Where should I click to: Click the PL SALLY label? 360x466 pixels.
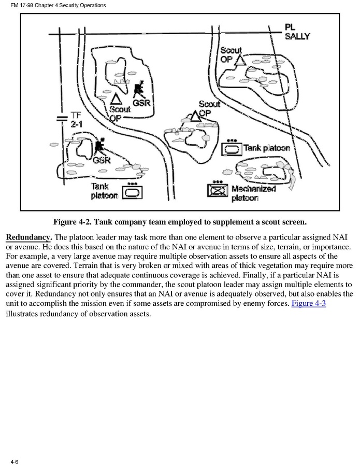pyautogui.click(x=297, y=32)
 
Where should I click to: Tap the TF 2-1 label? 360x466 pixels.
pyautogui.click(x=77, y=121)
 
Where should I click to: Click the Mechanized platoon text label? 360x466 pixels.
pyautogui.click(x=253, y=193)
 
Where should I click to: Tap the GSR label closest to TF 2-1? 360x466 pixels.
pyautogui.click(x=102, y=160)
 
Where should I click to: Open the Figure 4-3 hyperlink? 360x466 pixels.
pyautogui.click(x=308, y=303)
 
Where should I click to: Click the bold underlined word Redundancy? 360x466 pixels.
pyautogui.click(x=28, y=237)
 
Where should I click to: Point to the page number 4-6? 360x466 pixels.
pyautogui.click(x=14, y=461)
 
